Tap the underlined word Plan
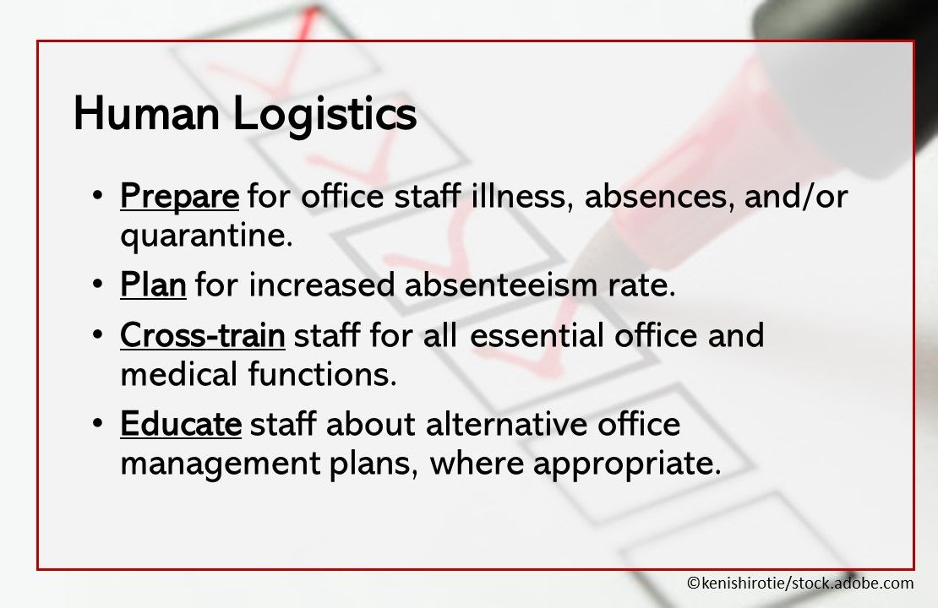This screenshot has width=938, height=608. [x=153, y=285]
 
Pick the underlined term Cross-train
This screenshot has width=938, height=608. [x=203, y=336]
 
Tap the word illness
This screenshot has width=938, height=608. [x=522, y=197]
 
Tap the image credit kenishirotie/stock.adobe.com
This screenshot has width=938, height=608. [x=799, y=583]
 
